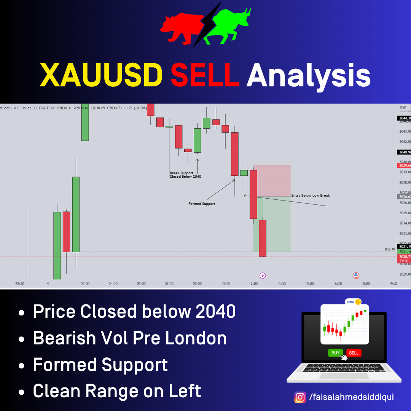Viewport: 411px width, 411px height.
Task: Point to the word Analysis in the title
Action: click(x=308, y=75)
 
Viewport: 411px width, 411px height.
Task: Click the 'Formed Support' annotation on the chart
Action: click(x=202, y=204)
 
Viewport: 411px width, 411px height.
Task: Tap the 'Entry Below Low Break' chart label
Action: click(x=311, y=196)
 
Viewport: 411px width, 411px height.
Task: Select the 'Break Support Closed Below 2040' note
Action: click(x=185, y=175)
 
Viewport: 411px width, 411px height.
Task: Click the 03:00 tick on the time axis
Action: click(x=85, y=284)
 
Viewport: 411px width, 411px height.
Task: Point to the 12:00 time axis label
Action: click(x=253, y=284)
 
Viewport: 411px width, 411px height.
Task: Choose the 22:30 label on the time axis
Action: click(x=20, y=284)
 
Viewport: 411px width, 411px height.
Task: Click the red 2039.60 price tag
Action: click(x=404, y=166)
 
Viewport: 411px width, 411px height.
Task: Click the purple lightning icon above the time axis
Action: click(x=262, y=275)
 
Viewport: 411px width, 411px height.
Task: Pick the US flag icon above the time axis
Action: click(x=356, y=276)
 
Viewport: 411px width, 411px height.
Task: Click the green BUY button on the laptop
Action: click(x=335, y=353)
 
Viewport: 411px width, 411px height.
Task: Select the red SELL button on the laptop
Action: click(x=354, y=353)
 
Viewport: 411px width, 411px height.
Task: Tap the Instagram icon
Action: click(x=300, y=397)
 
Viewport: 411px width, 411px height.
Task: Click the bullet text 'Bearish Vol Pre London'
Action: click(x=130, y=338)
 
